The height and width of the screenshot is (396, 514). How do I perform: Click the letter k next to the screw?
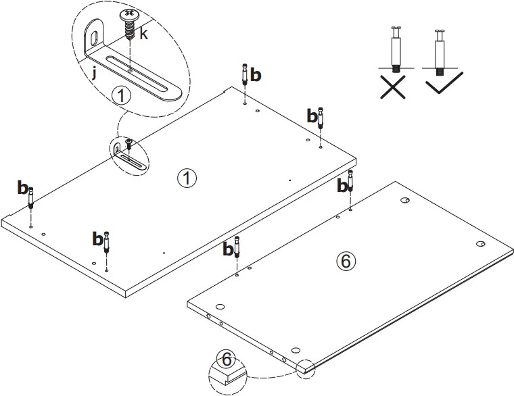coord(143,34)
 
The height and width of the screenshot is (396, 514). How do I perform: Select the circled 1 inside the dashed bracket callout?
coord(121,96)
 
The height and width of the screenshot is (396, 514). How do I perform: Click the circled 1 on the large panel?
coord(186,178)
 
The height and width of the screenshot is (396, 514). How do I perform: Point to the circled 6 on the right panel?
coord(346,262)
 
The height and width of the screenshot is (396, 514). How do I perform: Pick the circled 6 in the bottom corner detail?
coord(225,359)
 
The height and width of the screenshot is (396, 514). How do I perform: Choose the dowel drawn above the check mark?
coord(440,51)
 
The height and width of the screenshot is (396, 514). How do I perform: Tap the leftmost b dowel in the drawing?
coord(31,199)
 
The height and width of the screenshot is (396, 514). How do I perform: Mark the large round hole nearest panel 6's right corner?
coord(480,243)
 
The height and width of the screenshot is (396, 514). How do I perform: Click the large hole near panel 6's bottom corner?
coord(296,350)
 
